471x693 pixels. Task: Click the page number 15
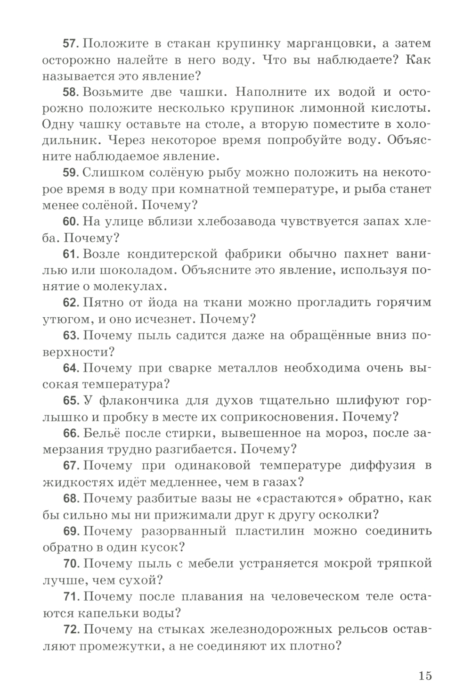click(x=424, y=675)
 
